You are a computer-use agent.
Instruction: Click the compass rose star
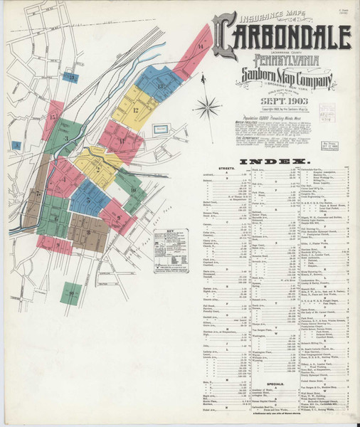208,109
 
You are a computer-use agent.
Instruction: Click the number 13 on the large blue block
161,85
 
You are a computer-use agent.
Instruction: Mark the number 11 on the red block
122,141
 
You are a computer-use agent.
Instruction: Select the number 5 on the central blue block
89,200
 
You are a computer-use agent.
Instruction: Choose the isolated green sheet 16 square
70,292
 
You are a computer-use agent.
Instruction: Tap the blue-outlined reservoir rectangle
161,132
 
